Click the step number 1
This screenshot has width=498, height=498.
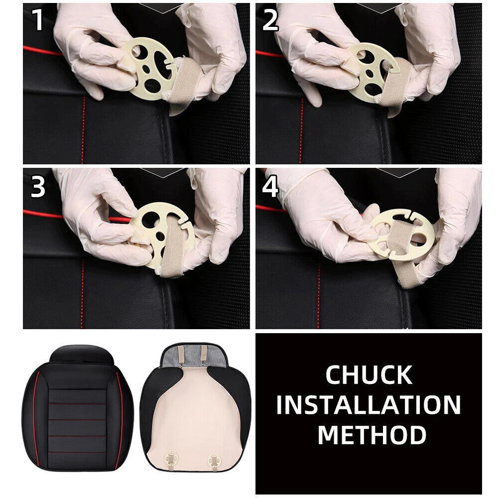point(38,20)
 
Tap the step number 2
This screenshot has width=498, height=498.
point(270,20)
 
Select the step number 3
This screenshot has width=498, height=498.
point(38,187)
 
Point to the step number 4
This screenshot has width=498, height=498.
point(270,187)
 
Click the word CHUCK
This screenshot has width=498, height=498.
point(369,375)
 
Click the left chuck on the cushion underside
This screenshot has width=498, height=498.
point(171,459)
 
